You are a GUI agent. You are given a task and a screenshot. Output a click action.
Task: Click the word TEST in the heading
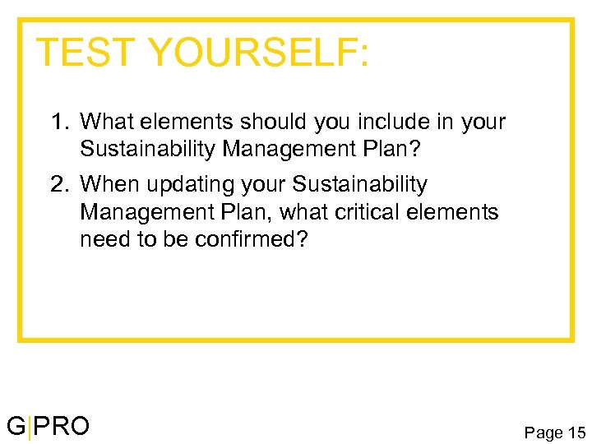pyautogui.click(x=86, y=53)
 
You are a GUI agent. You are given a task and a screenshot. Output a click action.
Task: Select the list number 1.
pyautogui.click(x=58, y=123)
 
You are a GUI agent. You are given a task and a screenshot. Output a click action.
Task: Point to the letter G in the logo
pyautogui.click(x=16, y=426)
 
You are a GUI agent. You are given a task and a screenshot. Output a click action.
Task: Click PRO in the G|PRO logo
pyautogui.click(x=62, y=426)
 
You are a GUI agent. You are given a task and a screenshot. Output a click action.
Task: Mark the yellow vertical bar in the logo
pyautogui.click(x=30, y=428)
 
